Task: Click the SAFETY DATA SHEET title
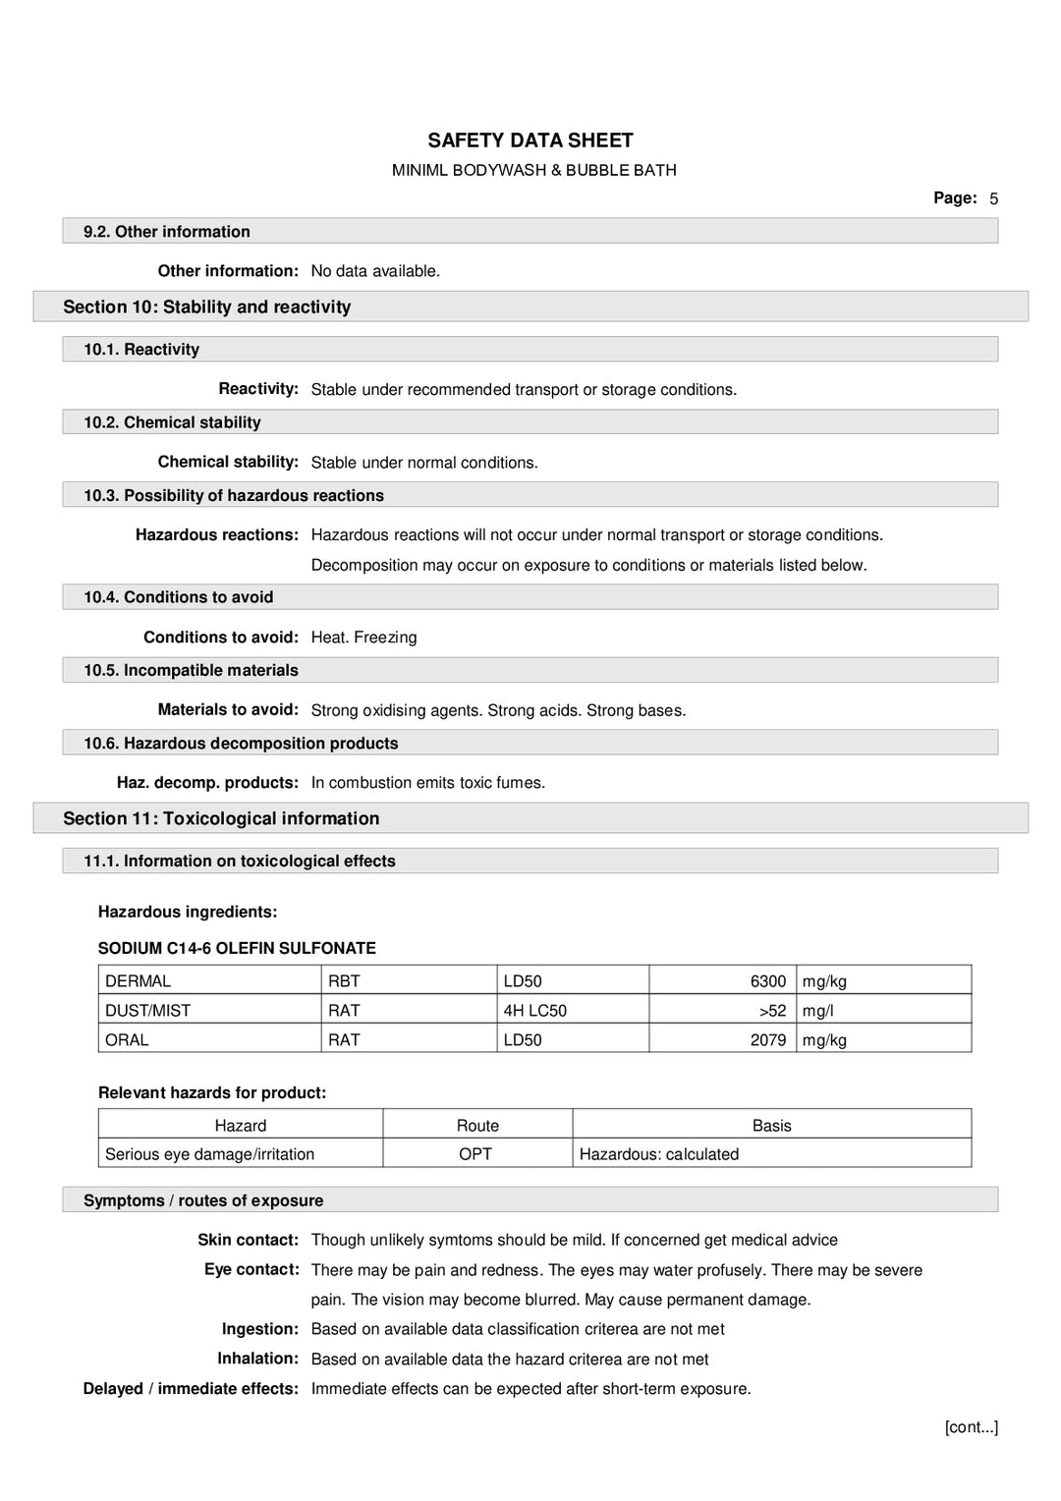(x=530, y=140)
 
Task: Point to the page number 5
(x=993, y=198)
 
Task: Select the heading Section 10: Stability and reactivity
(x=206, y=306)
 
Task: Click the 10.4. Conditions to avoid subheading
(x=178, y=597)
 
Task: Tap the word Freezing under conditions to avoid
(x=385, y=638)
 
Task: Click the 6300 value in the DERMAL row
(x=767, y=980)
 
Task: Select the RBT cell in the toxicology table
(x=344, y=980)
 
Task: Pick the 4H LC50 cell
(x=534, y=1010)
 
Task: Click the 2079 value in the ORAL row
(x=767, y=1039)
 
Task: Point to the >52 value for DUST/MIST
(x=772, y=1010)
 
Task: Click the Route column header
(x=477, y=1125)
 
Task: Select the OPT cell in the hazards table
(x=475, y=1153)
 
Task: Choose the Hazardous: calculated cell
(x=658, y=1153)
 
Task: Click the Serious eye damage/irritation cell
(x=209, y=1153)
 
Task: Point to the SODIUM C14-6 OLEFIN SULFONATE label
(x=237, y=948)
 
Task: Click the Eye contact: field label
(x=251, y=1269)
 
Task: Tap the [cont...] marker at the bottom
(x=971, y=1426)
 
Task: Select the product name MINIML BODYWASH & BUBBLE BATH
(x=533, y=170)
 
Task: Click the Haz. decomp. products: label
(x=207, y=783)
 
